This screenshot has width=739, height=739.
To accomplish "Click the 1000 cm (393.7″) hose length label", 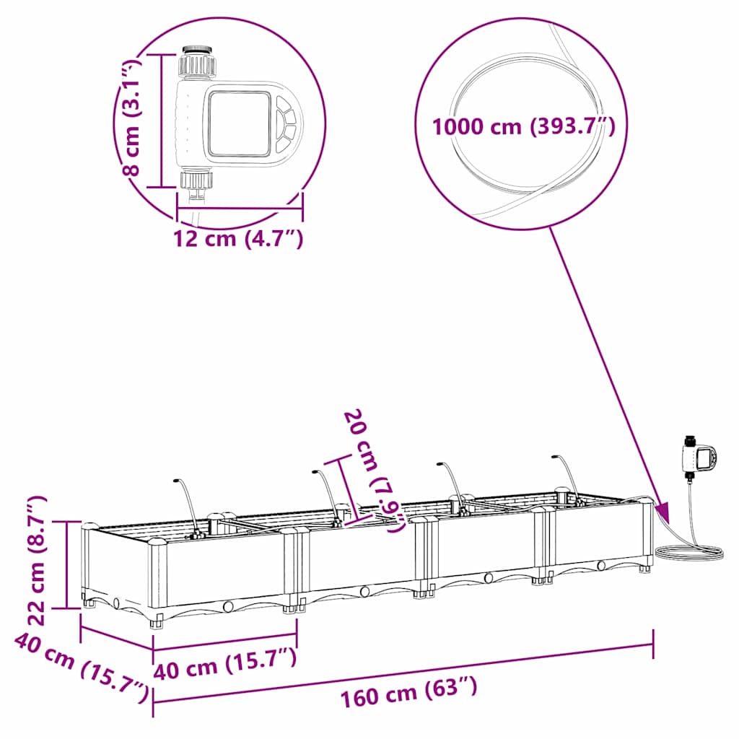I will click(523, 127).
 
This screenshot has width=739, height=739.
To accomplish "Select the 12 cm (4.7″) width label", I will click(238, 237).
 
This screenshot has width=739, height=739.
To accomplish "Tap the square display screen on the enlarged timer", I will click(239, 123).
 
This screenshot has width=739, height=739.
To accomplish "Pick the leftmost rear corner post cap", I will click(89, 526).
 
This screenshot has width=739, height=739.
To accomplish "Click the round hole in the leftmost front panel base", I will click(229, 606).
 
